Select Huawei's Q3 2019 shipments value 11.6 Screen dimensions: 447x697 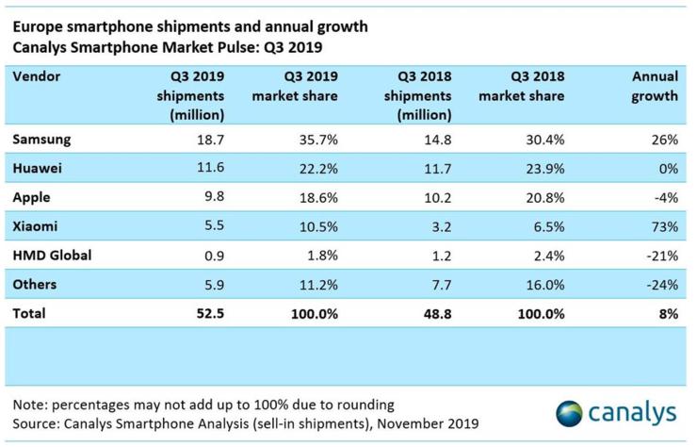(x=208, y=169)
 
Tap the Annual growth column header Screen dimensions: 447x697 (x=651, y=86)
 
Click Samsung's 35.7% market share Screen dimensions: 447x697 (x=317, y=139)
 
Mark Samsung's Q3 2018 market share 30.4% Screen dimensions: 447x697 (x=543, y=139)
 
